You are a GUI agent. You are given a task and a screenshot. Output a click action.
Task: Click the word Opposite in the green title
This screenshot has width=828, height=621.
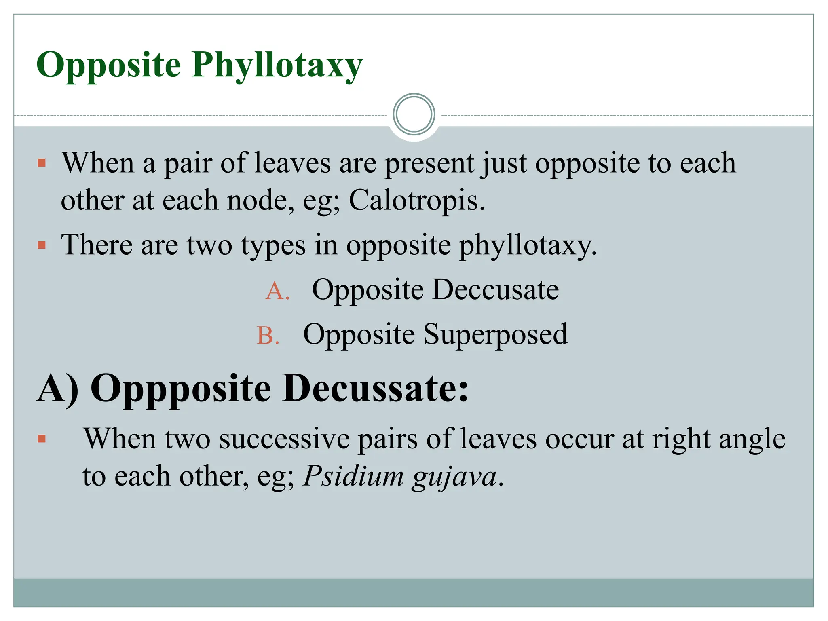point(108,65)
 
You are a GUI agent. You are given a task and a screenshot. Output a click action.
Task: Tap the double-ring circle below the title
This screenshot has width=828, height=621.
point(414,114)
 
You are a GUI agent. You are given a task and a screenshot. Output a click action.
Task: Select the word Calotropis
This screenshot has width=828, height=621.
point(416,201)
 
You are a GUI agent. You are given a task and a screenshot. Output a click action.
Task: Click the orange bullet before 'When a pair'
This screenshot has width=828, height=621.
point(41,163)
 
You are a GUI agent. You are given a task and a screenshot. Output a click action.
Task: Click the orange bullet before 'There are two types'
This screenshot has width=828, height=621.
point(41,245)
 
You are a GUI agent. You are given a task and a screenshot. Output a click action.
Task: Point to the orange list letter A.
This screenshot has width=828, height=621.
point(277,291)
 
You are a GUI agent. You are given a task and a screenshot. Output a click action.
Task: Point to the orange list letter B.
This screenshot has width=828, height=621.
point(268,336)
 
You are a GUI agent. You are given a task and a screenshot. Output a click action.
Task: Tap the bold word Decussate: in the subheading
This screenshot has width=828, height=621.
point(375,389)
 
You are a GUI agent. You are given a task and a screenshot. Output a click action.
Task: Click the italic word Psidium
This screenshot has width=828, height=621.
point(353,476)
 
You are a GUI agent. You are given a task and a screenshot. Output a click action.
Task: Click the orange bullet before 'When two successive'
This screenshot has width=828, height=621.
point(41,439)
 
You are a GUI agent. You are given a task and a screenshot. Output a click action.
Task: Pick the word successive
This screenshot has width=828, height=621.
point(284,439)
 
